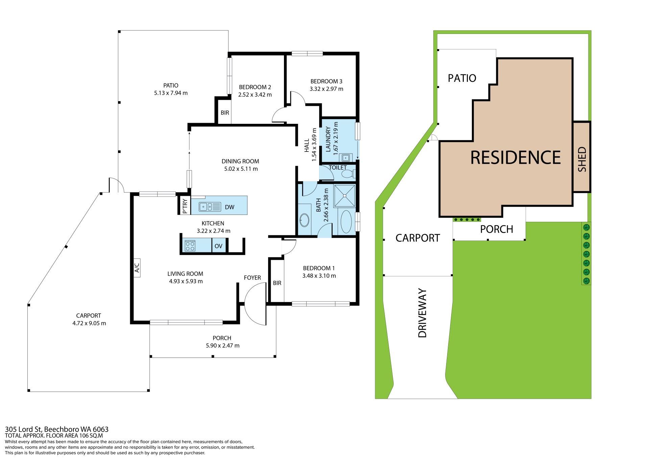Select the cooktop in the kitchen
(x=190, y=245)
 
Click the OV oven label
(x=218, y=246)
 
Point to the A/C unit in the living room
(x=137, y=268)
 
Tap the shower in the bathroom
(x=345, y=196)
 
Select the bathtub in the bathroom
(x=346, y=222)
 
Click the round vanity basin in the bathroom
(x=304, y=220)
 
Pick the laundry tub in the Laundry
(x=345, y=157)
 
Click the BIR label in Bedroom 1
(x=277, y=283)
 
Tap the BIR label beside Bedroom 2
(x=225, y=113)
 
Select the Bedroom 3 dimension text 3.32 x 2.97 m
(x=327, y=89)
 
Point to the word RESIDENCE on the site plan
(x=515, y=158)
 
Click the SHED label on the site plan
(x=582, y=159)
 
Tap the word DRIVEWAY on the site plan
(x=423, y=313)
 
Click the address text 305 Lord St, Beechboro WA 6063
(x=57, y=430)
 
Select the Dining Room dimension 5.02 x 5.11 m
(x=241, y=169)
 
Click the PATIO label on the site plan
(x=462, y=78)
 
